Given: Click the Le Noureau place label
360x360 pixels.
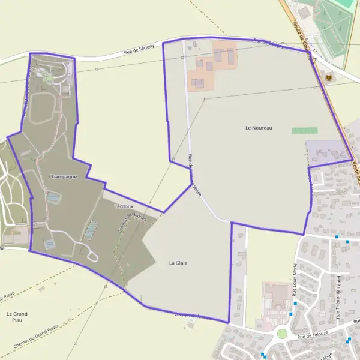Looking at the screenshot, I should pos(259,128).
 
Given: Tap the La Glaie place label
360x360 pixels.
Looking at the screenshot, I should pos(178,263).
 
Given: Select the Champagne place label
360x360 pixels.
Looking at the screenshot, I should pos(63,177).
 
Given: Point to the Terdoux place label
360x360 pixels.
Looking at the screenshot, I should pos(123,206).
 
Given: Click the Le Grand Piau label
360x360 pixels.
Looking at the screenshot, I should pos(17,317).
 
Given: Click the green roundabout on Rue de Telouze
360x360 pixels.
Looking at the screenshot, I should pos(282,333).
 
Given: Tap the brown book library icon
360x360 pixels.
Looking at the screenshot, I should pos(328,77).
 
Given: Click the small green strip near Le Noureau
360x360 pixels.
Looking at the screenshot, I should pos(305,130).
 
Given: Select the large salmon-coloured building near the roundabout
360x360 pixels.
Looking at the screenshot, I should pos(275,297).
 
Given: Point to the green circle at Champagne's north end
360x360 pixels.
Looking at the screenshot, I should pos(49,78).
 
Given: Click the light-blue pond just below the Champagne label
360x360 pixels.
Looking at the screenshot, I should pos(54,196).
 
